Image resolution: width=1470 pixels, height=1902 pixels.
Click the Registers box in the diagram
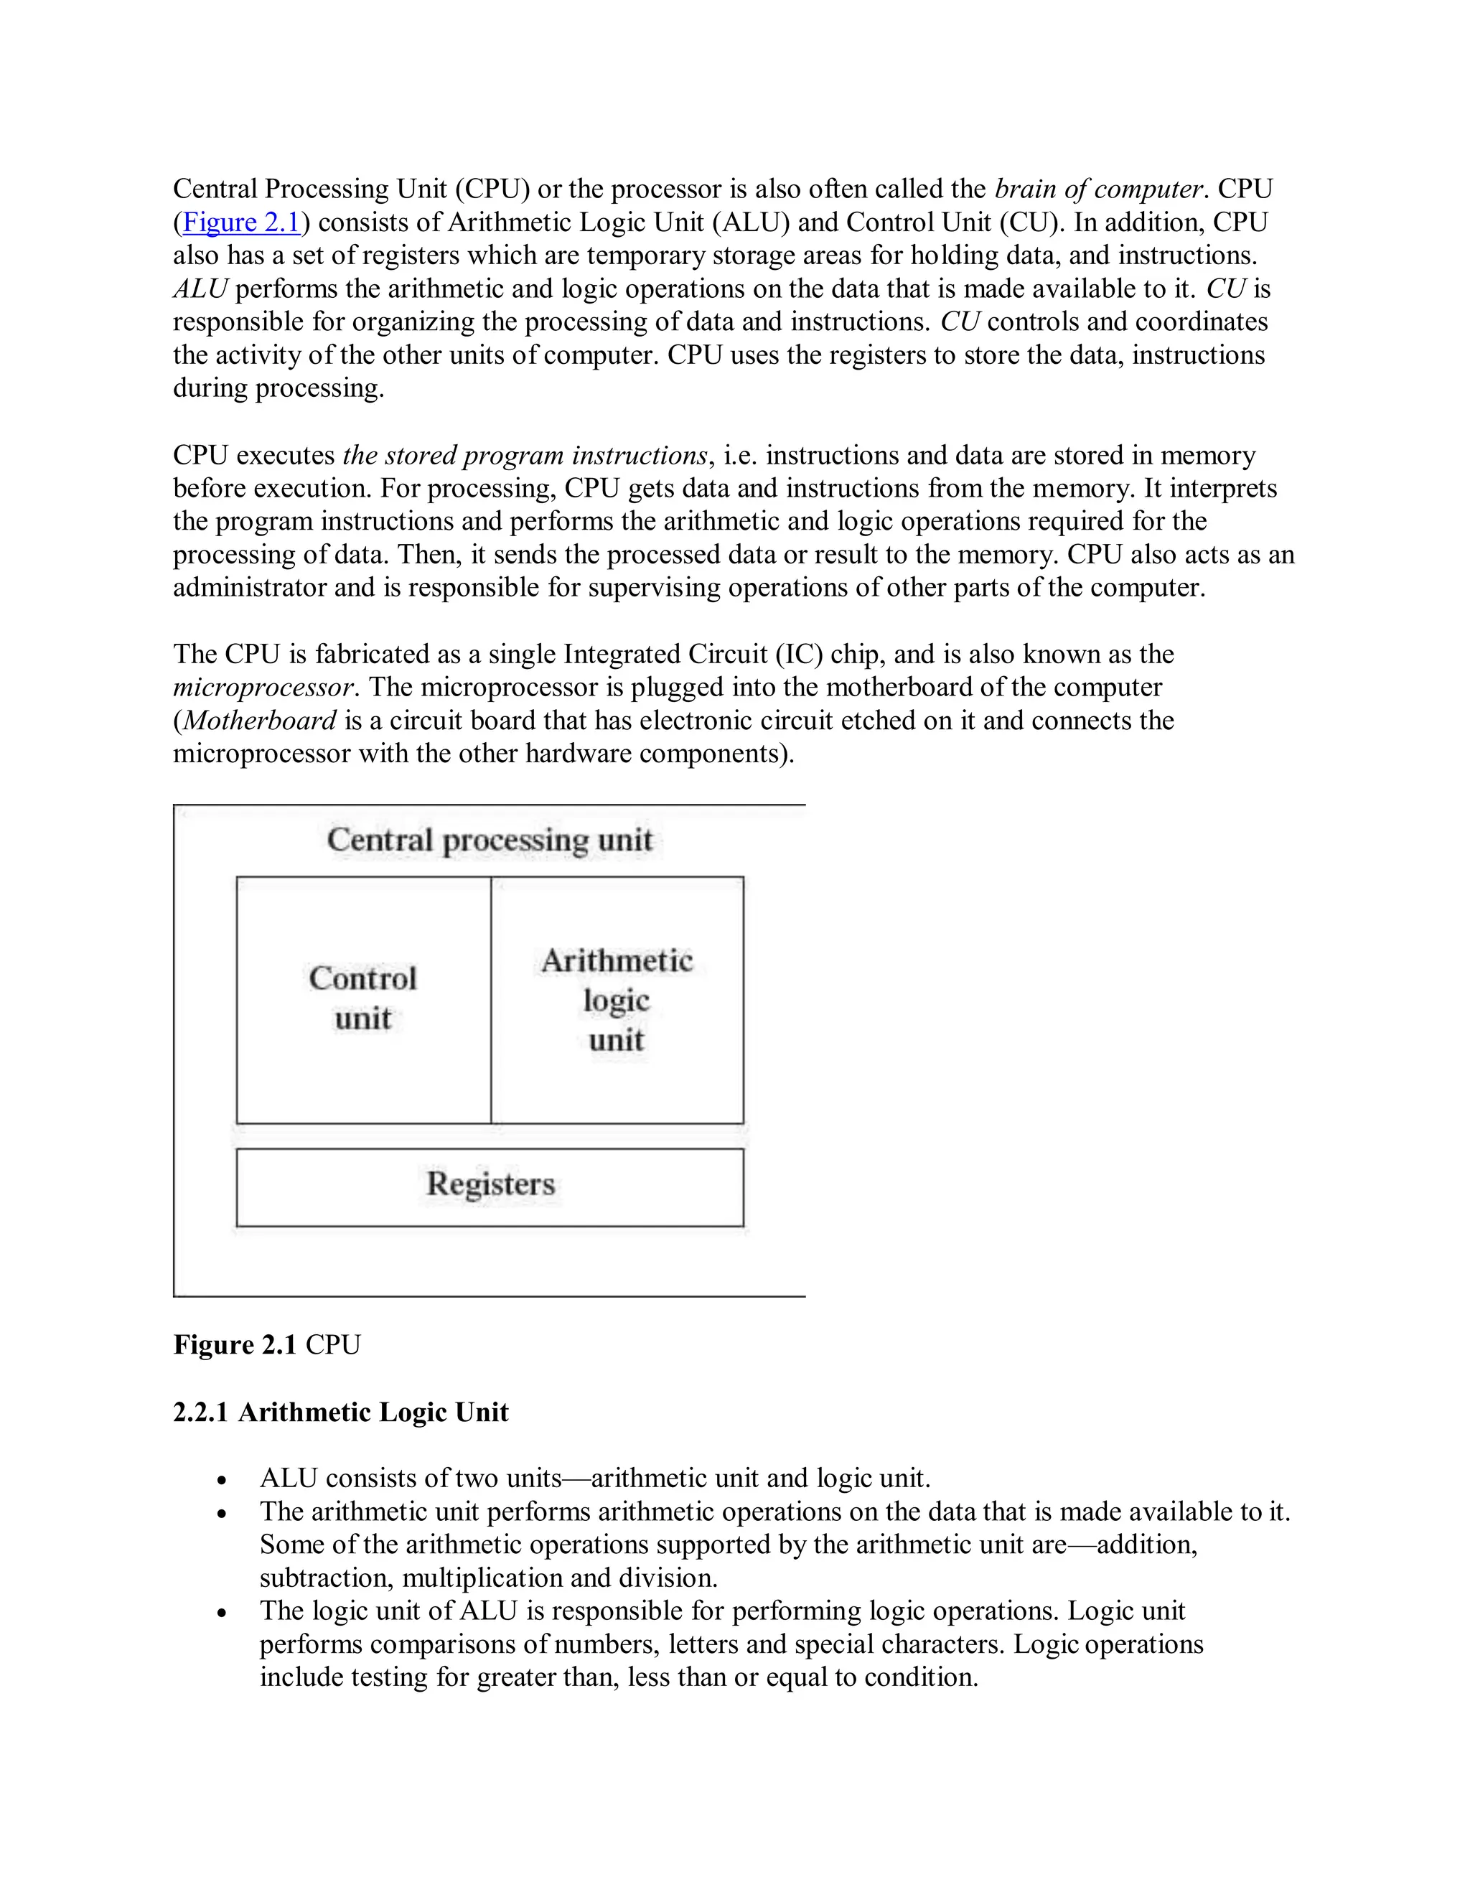(x=490, y=1186)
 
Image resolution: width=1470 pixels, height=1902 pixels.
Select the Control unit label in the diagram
(x=363, y=998)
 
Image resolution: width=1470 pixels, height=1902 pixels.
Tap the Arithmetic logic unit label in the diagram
(x=617, y=1000)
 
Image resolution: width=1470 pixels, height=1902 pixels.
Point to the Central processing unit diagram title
(x=490, y=840)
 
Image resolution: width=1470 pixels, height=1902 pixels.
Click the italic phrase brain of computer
(x=1098, y=189)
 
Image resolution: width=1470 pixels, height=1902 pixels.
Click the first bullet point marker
(x=223, y=1481)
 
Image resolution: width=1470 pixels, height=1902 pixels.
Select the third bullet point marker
(x=223, y=1613)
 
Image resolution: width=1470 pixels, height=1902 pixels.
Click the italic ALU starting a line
(x=200, y=289)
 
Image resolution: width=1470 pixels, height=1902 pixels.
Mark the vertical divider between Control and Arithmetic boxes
(x=491, y=1000)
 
